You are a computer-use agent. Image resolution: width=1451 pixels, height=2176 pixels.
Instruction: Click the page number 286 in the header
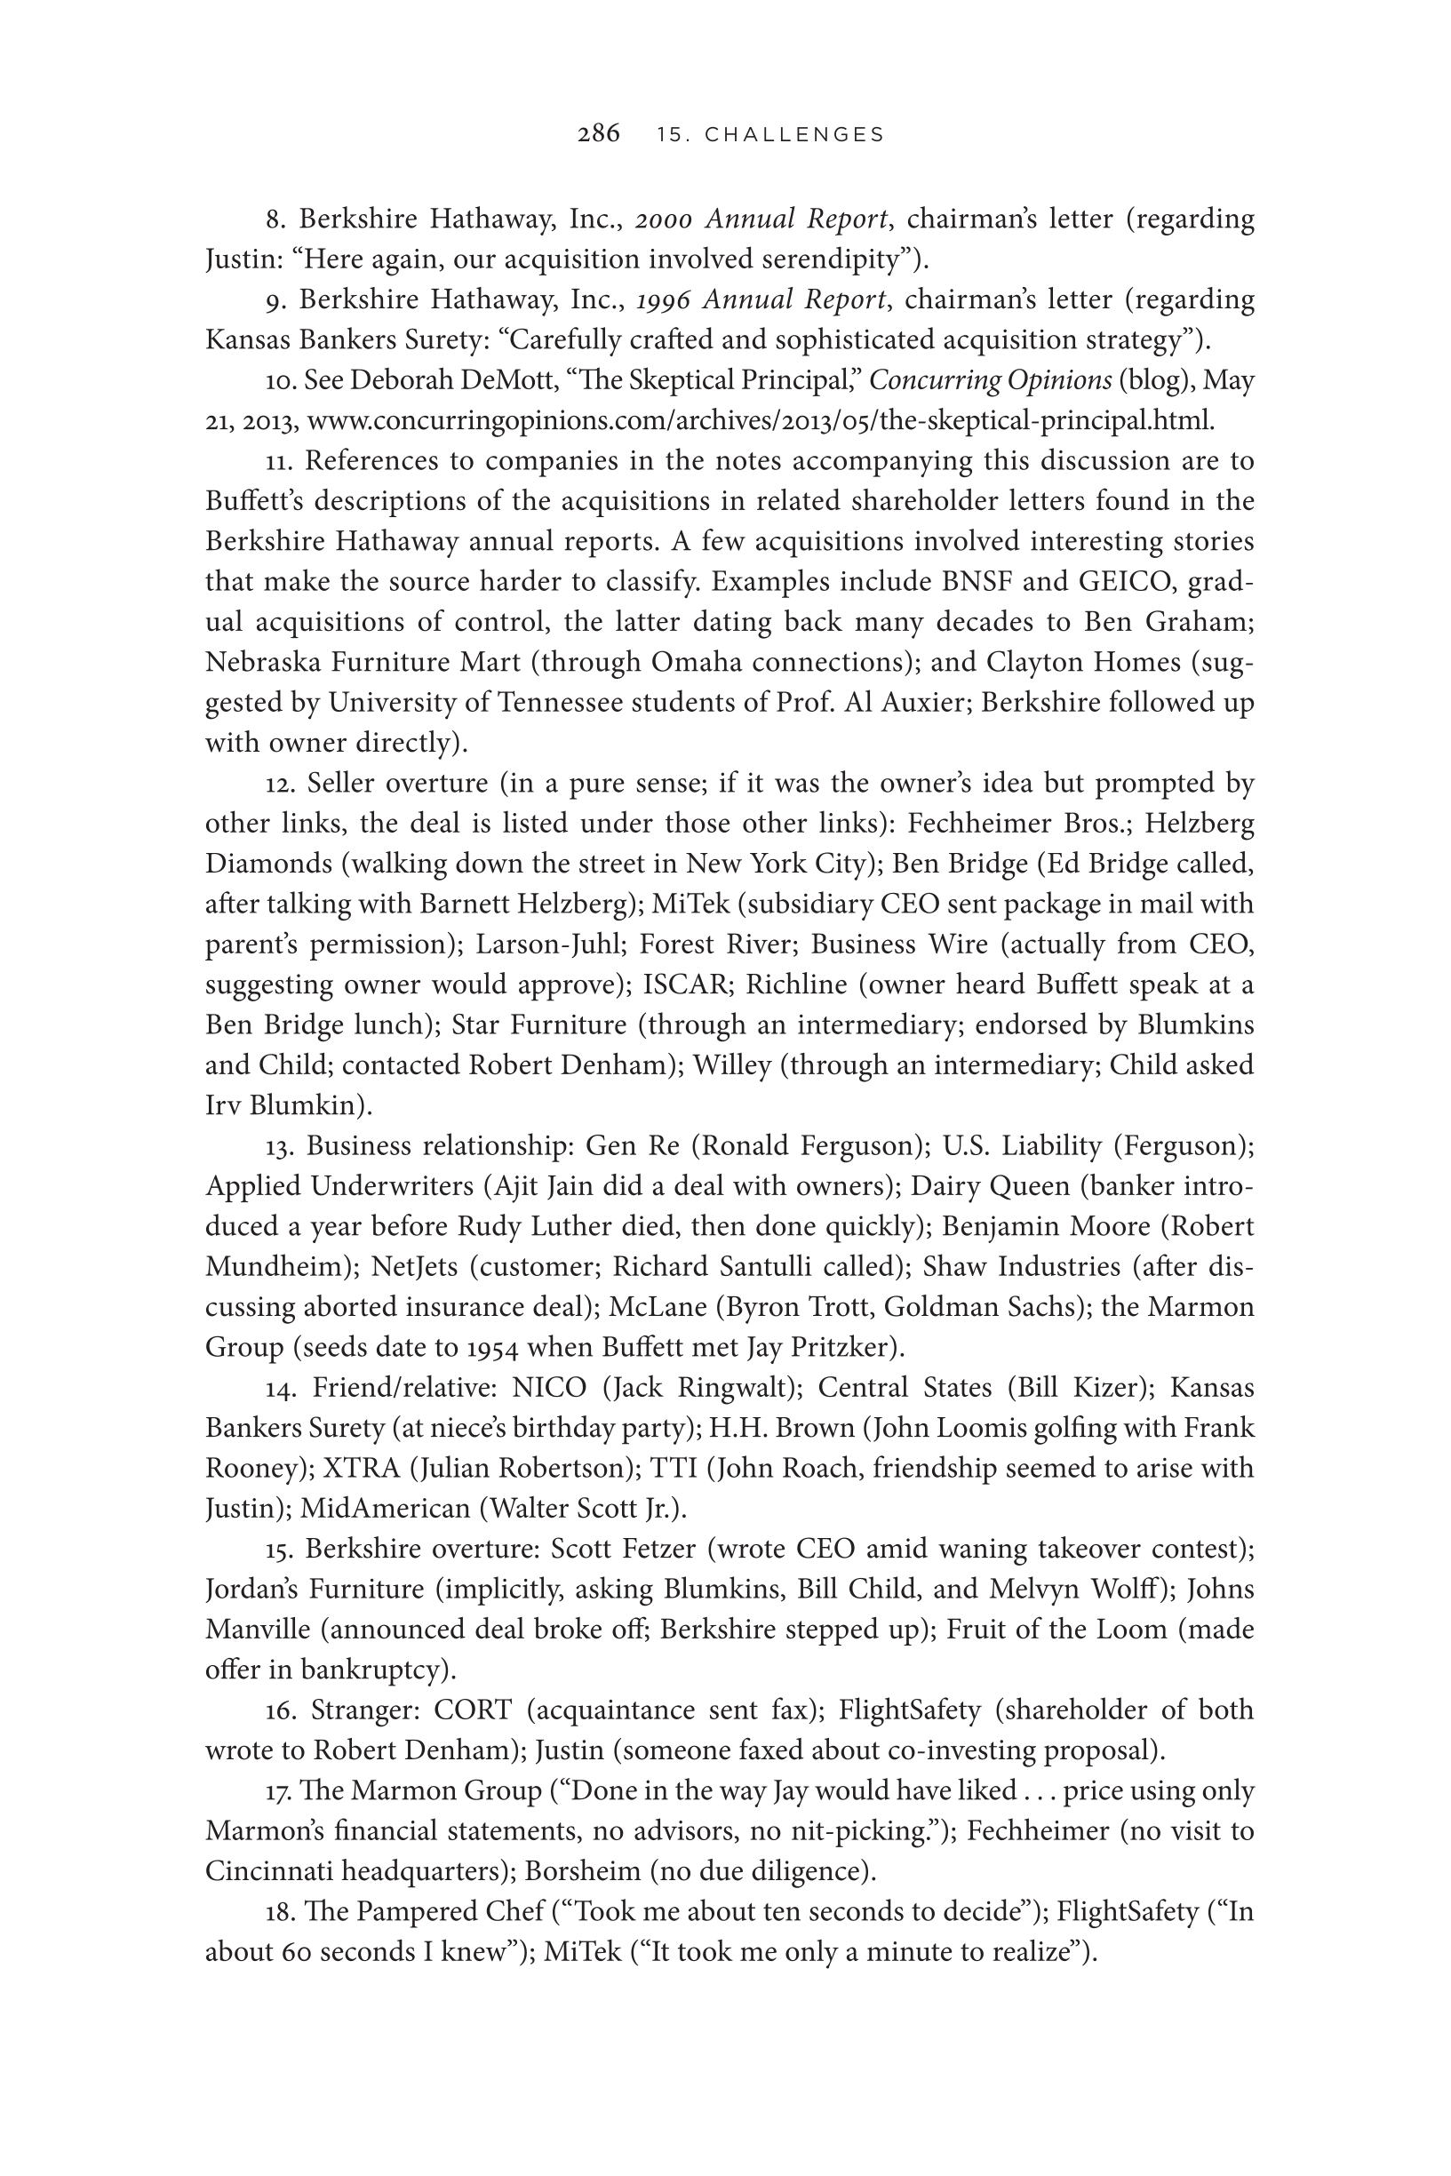pos(599,134)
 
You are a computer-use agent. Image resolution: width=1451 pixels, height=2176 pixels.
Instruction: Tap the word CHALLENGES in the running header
pos(794,135)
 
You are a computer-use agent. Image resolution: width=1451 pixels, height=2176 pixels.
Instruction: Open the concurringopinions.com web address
pos(760,421)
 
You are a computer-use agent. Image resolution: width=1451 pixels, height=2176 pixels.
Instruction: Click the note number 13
pos(277,1146)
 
